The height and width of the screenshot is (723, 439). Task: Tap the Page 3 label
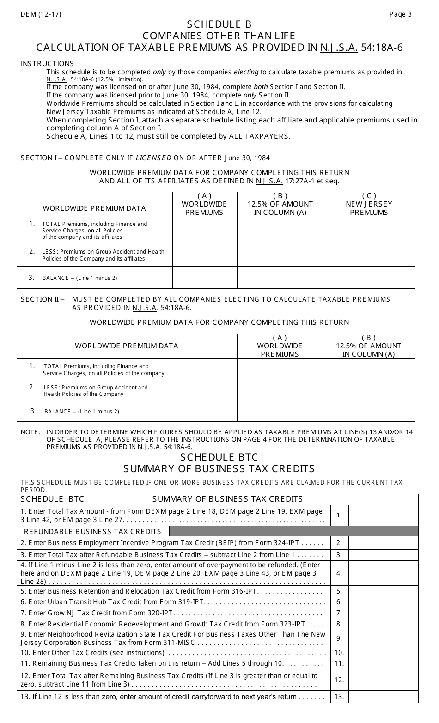pos(400,14)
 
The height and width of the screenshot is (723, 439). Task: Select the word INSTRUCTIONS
pos(47,64)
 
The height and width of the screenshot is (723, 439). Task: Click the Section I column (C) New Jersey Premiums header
pos(369,204)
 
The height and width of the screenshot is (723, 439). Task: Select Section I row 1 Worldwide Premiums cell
pos(205,230)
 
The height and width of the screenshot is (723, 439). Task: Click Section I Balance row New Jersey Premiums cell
pos(369,278)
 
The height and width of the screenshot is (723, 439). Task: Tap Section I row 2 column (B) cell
pos(280,255)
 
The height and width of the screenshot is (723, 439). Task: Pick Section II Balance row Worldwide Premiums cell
pos(280,411)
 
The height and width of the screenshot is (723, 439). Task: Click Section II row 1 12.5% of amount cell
pos(368,370)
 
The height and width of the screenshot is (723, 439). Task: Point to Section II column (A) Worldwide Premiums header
pos(280,346)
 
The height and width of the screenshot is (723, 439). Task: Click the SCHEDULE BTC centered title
pos(219,457)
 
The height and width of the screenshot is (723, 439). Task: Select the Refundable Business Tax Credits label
pos(93,531)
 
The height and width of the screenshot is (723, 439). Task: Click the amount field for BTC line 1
pos(383,516)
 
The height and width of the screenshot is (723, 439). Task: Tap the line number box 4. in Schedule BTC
pos(339,573)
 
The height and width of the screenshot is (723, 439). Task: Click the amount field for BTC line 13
pos(383,697)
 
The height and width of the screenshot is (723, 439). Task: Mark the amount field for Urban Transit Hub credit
pos(383,602)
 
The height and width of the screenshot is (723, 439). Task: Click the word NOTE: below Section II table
pos(30,432)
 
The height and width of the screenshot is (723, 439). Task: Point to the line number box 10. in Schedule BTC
pos(339,653)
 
